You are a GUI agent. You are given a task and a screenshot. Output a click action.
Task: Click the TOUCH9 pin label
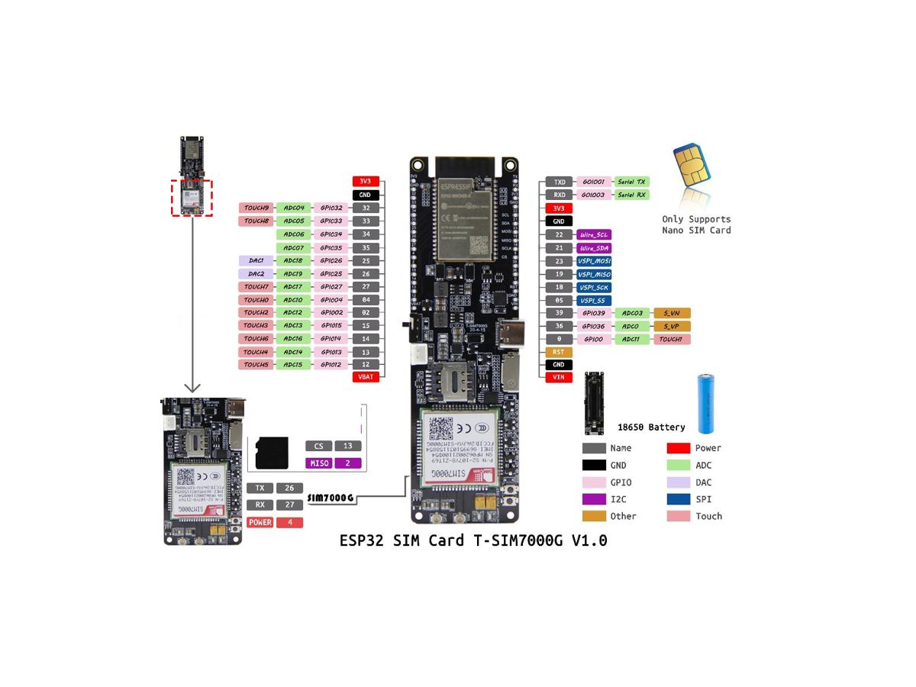click(256, 208)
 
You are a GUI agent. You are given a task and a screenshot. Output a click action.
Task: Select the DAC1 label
click(256, 260)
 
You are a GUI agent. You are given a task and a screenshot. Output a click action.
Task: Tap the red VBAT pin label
click(366, 377)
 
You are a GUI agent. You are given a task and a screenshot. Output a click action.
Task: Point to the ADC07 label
click(294, 247)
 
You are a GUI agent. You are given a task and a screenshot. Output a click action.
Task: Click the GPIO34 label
click(331, 234)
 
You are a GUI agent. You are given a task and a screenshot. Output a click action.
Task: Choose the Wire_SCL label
click(593, 235)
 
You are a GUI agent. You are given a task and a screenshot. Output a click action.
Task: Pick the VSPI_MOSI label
click(593, 261)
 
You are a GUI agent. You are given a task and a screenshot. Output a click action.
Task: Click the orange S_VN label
click(672, 313)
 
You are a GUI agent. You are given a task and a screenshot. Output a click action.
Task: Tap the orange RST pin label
click(559, 352)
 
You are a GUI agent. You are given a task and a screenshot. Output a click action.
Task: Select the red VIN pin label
click(559, 377)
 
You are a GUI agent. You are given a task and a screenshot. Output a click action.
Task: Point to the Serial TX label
click(631, 182)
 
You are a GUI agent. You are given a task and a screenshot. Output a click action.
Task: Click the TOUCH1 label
click(672, 339)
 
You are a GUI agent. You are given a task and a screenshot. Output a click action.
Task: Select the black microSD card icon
click(271, 453)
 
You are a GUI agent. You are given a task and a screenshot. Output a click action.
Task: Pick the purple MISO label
click(318, 463)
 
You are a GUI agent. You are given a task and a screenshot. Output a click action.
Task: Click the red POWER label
click(260, 523)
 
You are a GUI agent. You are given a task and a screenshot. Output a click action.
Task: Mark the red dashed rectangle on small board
click(192, 198)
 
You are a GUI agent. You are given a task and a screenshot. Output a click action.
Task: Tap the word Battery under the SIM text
click(668, 427)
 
